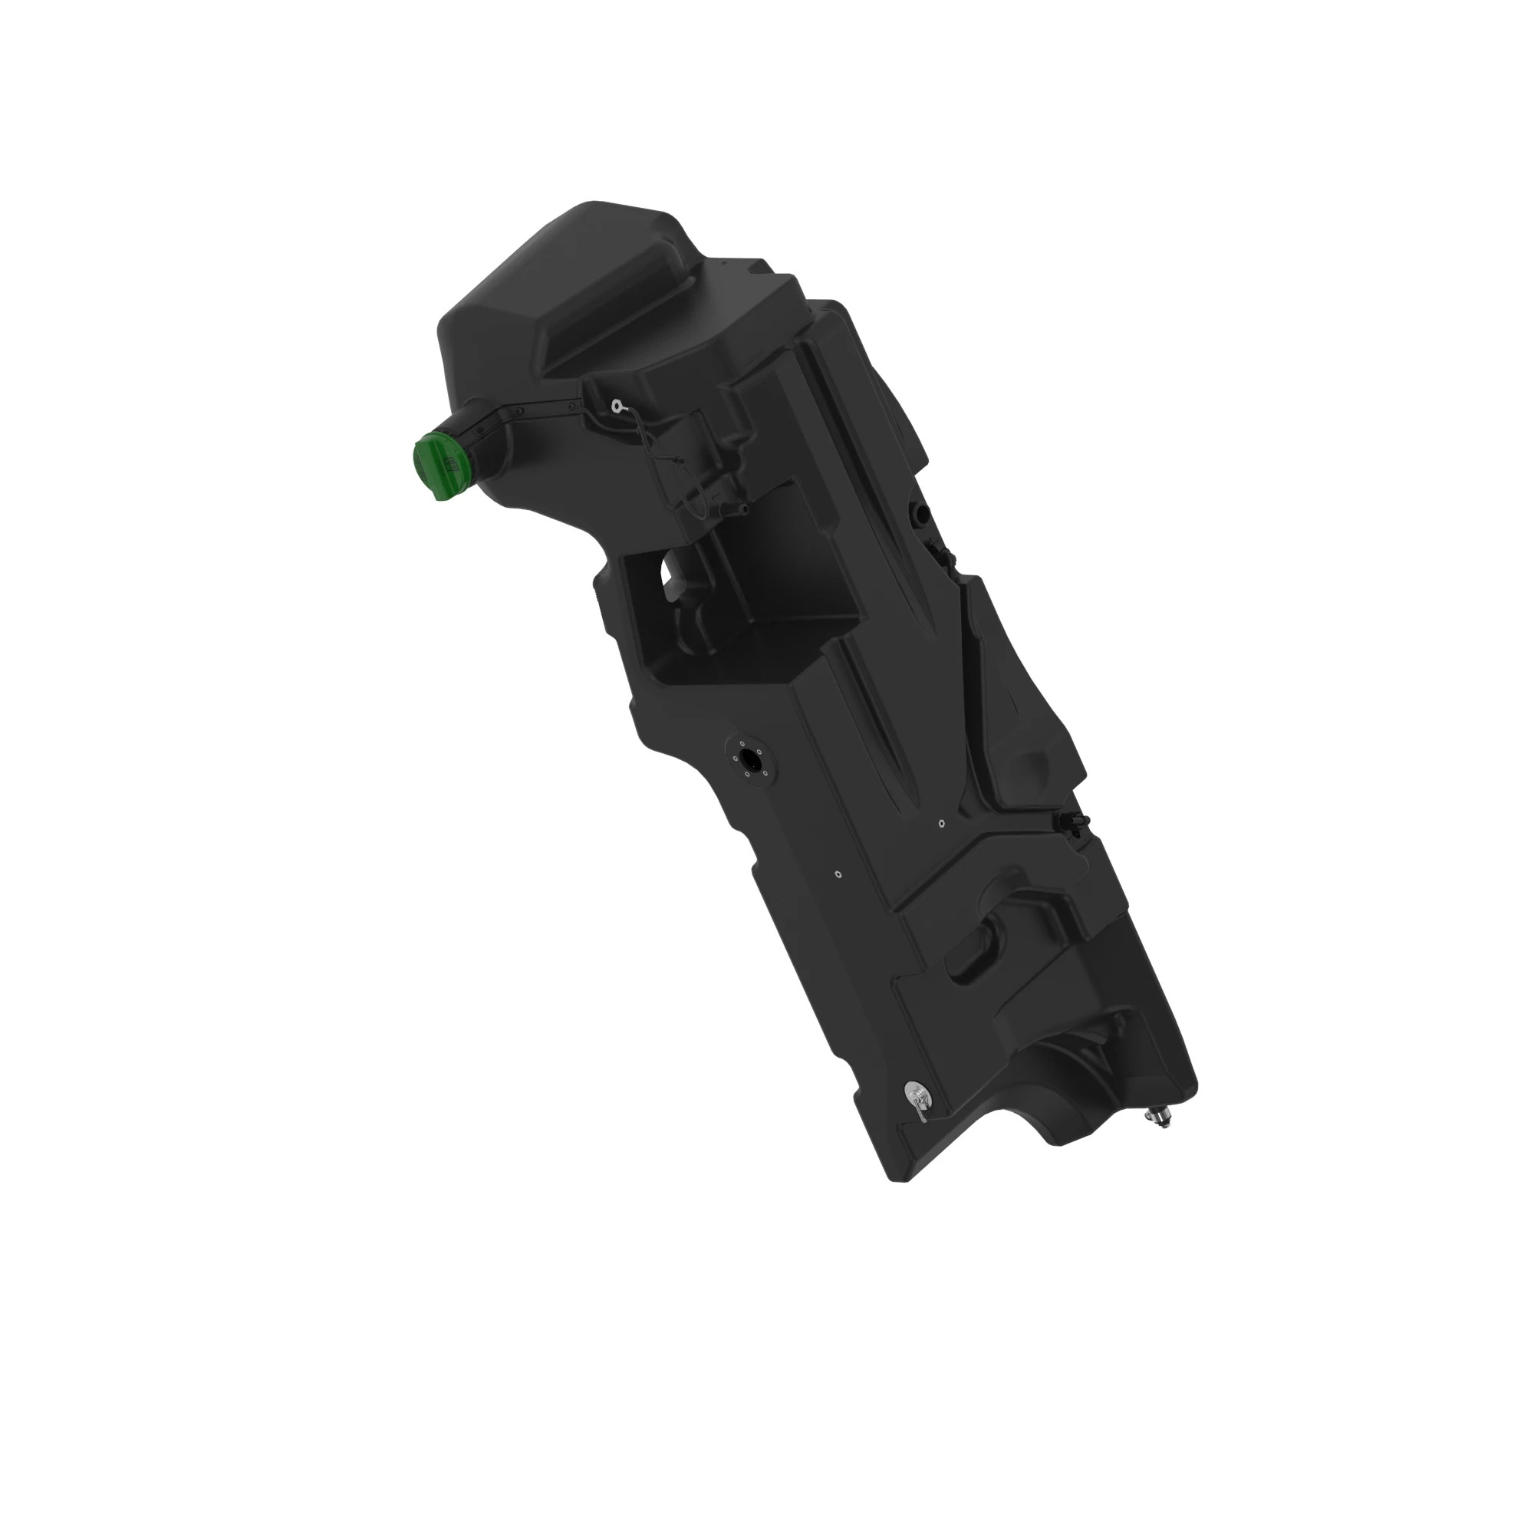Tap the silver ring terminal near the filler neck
(616, 407)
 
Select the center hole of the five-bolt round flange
(749, 758)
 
